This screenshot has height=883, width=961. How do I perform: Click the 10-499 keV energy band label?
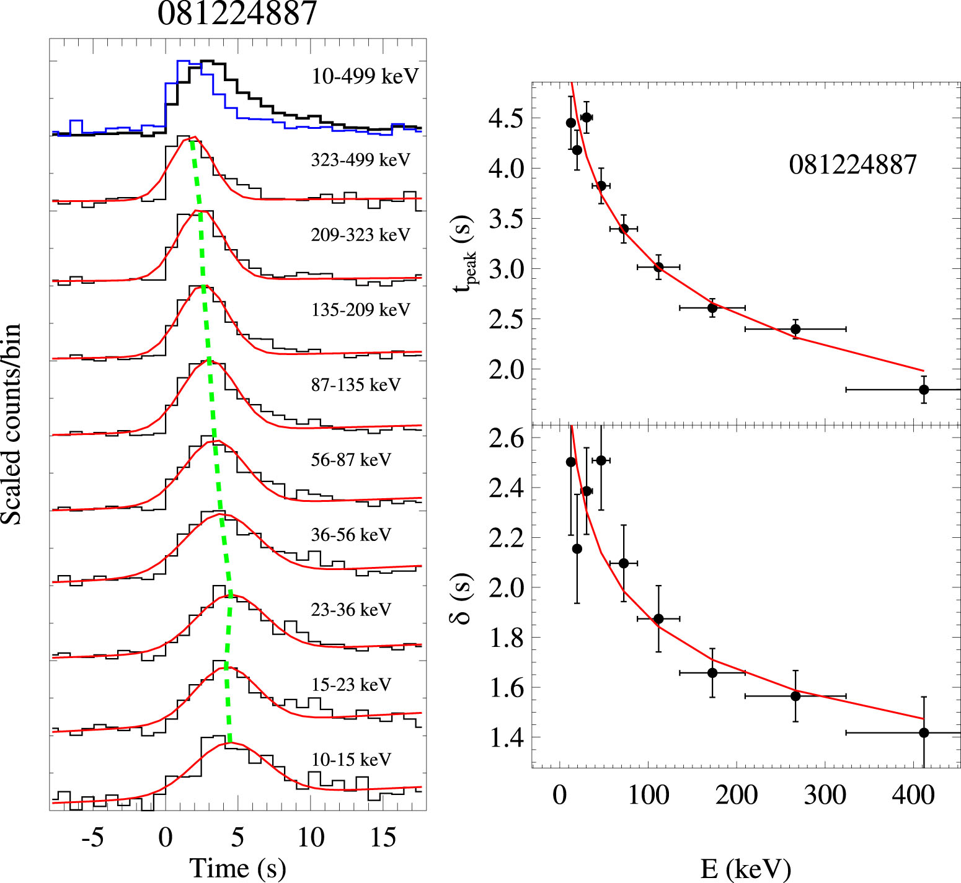coord(365,76)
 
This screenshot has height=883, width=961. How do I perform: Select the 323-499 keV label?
coord(360,160)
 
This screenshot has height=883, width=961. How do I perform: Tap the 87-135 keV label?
coord(356,385)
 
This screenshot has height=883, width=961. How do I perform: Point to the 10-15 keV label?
coord(351,760)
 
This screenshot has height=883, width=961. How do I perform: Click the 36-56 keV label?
coord(351,535)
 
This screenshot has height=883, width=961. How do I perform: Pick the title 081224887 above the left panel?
coord(237,14)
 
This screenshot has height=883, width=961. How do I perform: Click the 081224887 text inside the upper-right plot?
coord(852,165)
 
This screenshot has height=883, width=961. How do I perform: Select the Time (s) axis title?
coord(237,868)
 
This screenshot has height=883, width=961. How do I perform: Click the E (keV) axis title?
coord(746,869)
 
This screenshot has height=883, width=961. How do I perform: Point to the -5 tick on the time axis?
coord(92,837)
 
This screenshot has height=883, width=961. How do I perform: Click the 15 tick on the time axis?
coord(383,837)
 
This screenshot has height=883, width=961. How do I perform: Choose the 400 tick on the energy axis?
coord(913,794)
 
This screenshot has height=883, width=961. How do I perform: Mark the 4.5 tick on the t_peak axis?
coord(506,118)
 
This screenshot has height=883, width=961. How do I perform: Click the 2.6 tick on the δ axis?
coord(506,439)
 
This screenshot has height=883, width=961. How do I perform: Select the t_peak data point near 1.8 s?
coord(924,390)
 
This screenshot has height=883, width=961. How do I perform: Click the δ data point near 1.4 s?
coord(924,733)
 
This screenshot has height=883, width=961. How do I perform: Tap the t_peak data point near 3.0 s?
coord(658,267)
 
